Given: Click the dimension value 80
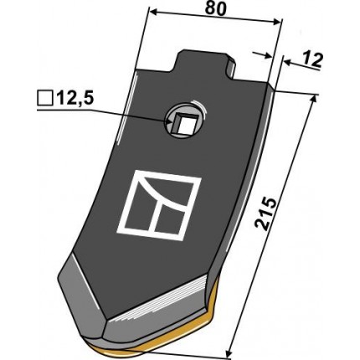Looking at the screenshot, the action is click(x=215, y=9).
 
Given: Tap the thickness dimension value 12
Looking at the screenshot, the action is click(x=311, y=60).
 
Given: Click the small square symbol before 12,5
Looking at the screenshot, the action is click(x=45, y=99).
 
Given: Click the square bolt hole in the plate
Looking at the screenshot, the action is click(x=184, y=123).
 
